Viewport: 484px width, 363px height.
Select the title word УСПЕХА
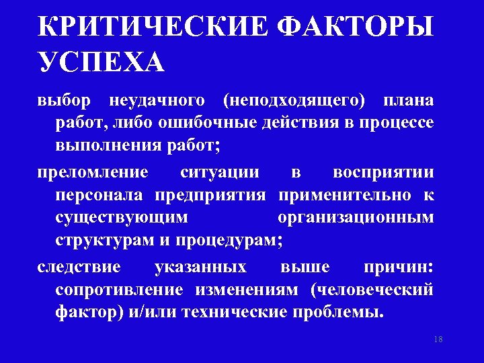(x=101, y=62)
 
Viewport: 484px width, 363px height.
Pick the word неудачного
(x=156, y=101)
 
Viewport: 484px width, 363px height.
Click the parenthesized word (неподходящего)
(x=294, y=102)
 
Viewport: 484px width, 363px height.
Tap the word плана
(x=409, y=101)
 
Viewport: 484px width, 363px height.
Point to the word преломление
(x=93, y=172)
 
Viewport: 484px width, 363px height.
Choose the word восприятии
(x=385, y=172)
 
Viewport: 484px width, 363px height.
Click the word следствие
(x=79, y=267)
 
